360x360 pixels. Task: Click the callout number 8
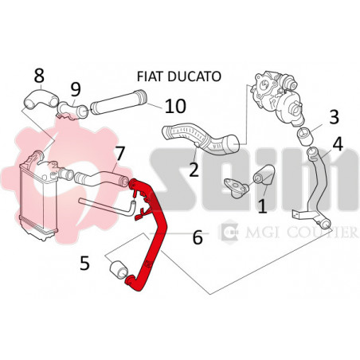(39, 76)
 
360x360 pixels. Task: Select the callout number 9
(76, 89)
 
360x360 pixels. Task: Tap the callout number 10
(175, 106)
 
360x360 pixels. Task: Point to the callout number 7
(119, 154)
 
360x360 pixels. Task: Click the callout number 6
(198, 237)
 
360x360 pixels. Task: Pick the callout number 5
(85, 263)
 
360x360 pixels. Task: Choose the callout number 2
(194, 170)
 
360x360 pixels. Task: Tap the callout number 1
(263, 206)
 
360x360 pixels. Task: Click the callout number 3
(335, 117)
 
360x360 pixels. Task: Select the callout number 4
(338, 144)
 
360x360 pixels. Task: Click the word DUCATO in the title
(194, 76)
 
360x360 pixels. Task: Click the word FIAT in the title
(151, 76)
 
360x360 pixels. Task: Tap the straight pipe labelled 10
(119, 103)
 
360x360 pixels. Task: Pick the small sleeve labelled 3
(305, 136)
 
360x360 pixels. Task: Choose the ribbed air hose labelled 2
(202, 139)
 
